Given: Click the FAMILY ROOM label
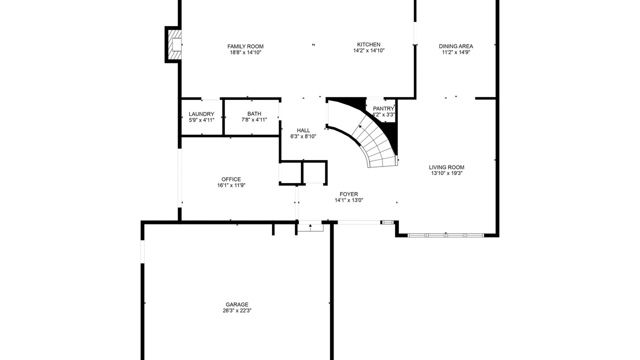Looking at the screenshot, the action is tap(245, 46).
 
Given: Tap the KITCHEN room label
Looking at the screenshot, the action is tap(368, 44).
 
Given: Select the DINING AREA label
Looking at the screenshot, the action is tap(455, 46).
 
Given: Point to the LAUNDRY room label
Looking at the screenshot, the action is tap(201, 114).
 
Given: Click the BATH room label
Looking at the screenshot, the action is tap(254, 113).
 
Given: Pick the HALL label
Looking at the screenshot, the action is tap(303, 130).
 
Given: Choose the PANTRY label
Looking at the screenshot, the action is tap(383, 108).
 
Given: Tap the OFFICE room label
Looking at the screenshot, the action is tap(231, 179).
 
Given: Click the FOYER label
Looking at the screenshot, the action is tap(348, 194).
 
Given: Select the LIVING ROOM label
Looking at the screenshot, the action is tap(446, 167).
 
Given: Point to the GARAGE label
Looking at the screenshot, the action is tap(237, 304).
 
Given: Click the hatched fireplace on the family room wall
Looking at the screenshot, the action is tap(174, 44).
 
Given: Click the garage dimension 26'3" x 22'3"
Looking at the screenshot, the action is tap(237, 310).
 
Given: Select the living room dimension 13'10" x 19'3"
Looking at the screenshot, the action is tap(446, 173).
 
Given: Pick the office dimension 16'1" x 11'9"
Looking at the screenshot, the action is tap(231, 185).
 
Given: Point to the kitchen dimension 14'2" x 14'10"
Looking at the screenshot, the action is tap(368, 50).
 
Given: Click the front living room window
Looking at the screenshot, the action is tap(445, 235).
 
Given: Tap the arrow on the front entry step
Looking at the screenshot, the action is tap(310, 227).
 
